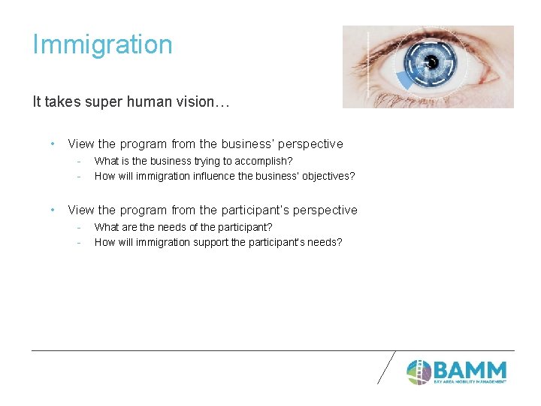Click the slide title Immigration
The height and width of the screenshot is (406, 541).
102,45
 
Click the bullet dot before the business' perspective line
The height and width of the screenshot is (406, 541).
52,144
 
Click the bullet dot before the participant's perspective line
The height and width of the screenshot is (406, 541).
52,210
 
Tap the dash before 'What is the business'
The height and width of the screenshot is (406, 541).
78,161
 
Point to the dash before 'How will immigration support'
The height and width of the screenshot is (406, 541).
78,242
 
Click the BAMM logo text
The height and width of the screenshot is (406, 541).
470,370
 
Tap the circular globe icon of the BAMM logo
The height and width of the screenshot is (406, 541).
419,371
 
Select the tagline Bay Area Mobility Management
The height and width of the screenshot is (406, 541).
470,382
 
